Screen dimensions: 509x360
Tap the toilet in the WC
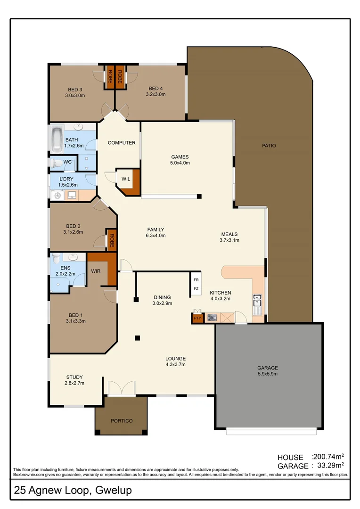pyautogui.click(x=57, y=163)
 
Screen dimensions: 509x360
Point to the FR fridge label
pyautogui.click(x=196, y=279)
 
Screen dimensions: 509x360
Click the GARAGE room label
pyautogui.click(x=268, y=368)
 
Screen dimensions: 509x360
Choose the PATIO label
pyautogui.click(x=269, y=146)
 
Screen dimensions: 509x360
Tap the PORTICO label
pyautogui.click(x=122, y=420)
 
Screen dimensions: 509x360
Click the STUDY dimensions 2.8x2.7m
pyautogui.click(x=74, y=383)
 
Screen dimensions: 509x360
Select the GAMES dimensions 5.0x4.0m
pyautogui.click(x=180, y=163)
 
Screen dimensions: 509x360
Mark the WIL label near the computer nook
pyautogui.click(x=126, y=179)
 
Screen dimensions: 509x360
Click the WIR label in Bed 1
pyautogui.click(x=95, y=271)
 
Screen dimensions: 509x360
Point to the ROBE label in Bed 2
pyautogui.click(x=112, y=240)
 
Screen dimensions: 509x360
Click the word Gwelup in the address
pyautogui.click(x=114, y=491)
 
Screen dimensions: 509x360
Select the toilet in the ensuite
pyautogui.click(x=56, y=259)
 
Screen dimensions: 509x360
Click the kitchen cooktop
pyautogui.click(x=213, y=318)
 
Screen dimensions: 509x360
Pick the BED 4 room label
pyautogui.click(x=155, y=89)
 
